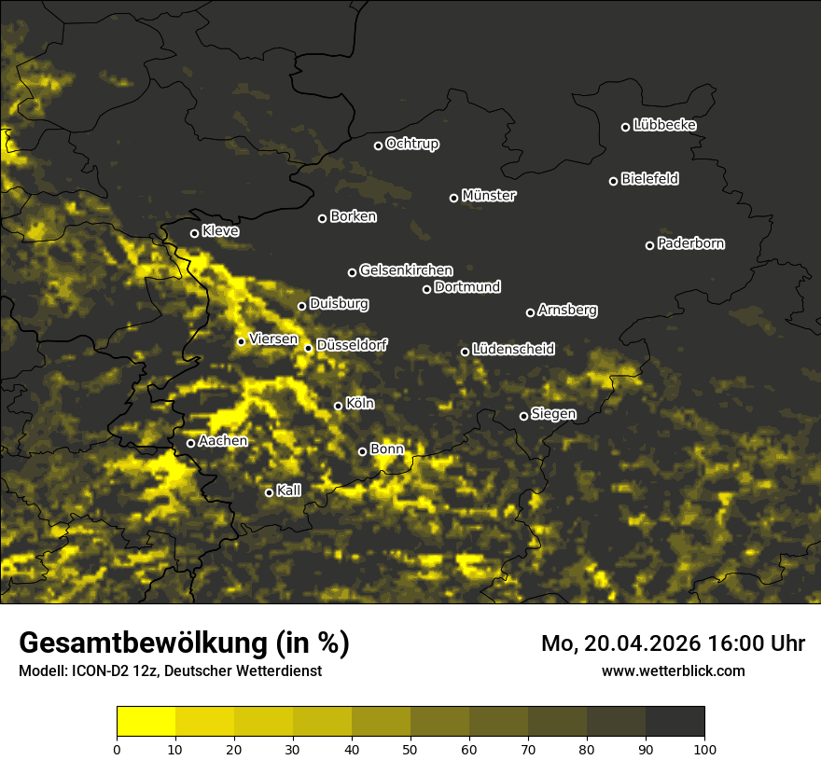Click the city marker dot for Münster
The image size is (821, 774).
[x=454, y=198]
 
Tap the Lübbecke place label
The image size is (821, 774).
[x=664, y=125]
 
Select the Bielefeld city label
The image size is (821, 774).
[x=649, y=178]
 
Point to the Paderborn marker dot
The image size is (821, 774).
[x=650, y=245]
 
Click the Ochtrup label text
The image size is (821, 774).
[x=411, y=144]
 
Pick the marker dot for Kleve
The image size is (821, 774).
[x=195, y=233]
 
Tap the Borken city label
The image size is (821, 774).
[x=353, y=216]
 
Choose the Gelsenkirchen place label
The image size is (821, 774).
[x=406, y=270]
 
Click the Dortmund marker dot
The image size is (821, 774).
[x=427, y=289]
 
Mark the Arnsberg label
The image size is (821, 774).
[x=567, y=310]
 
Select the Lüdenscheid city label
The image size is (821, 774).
[x=513, y=349]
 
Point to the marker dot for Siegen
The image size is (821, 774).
[x=523, y=416]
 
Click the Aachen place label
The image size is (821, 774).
[x=223, y=440]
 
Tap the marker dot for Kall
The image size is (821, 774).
[x=269, y=492]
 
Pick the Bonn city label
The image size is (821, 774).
[x=387, y=449]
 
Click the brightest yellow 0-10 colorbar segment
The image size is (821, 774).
[x=146, y=722]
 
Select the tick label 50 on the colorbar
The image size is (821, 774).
[x=410, y=748]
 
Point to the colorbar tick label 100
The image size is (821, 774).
[x=704, y=748]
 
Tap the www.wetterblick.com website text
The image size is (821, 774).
[x=673, y=670]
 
